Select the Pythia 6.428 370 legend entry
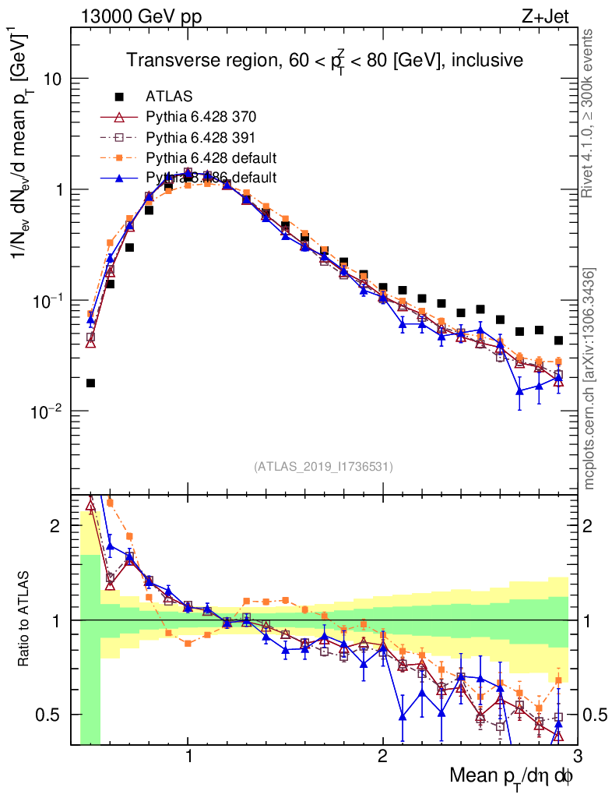[x=200, y=117]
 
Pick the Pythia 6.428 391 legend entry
[x=200, y=137]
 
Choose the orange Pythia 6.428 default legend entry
[x=211, y=157]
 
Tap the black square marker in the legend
[x=119, y=97]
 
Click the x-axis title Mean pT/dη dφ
[x=512, y=777]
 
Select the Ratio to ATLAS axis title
[x=26, y=620]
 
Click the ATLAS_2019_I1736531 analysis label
[x=323, y=468]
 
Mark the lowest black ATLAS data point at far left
[x=91, y=383]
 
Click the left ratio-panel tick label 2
[x=55, y=526]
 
